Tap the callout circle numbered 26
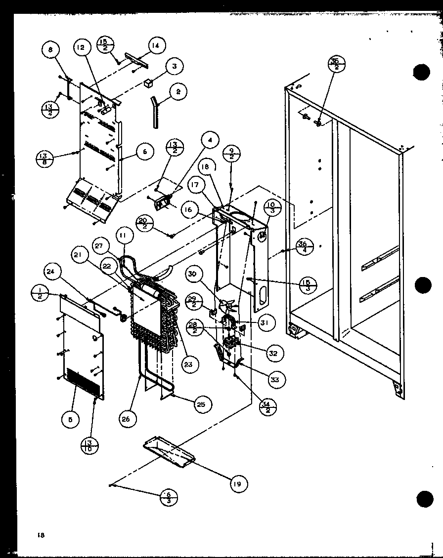[126, 419]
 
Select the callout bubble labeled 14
[155, 46]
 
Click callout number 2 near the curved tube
[178, 91]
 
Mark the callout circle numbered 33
[274, 379]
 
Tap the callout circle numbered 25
[200, 404]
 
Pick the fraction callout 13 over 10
[89, 445]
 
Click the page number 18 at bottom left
[40, 535]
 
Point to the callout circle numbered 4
[210, 141]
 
